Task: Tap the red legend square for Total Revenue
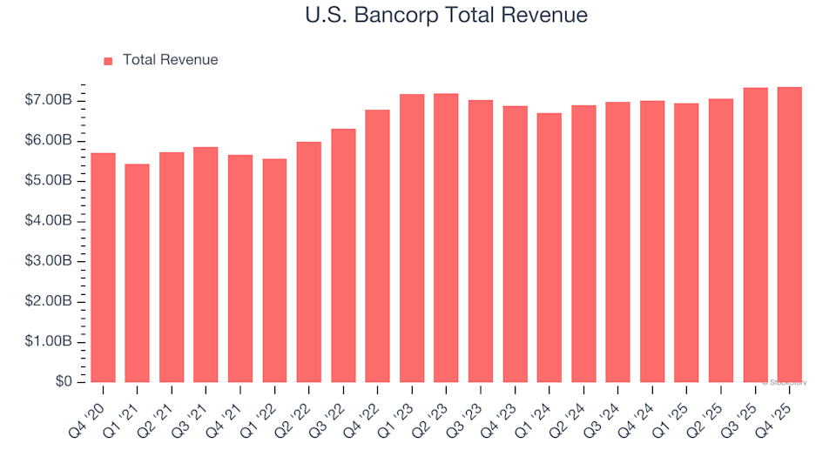pyautogui.click(x=108, y=61)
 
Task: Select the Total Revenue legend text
pyautogui.click(x=170, y=60)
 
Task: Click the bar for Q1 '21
pyautogui.click(x=138, y=273)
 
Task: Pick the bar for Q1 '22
pyautogui.click(x=275, y=271)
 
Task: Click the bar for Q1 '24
pyautogui.click(x=549, y=248)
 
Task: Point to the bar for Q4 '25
pyautogui.click(x=790, y=235)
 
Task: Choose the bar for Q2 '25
pyautogui.click(x=721, y=240)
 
